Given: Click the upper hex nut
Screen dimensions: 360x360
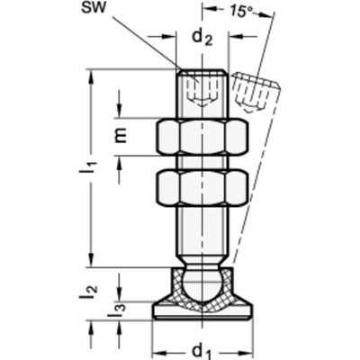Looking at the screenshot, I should point(202,138).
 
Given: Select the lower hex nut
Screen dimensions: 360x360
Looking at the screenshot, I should point(202,188).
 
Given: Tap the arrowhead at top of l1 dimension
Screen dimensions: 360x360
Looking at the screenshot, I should point(91,74).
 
